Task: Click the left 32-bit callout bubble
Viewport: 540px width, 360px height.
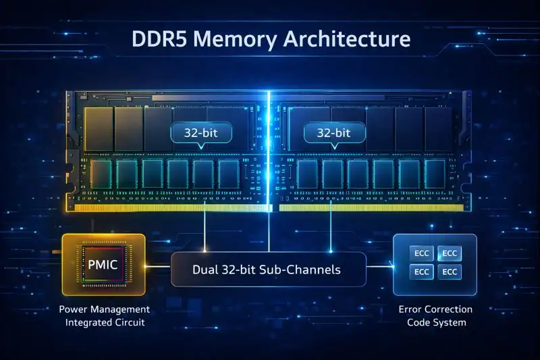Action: (x=202, y=133)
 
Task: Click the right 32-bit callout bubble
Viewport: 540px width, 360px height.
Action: (x=333, y=133)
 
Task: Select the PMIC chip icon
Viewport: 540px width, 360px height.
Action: (x=103, y=264)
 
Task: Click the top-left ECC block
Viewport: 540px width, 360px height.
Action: (x=422, y=254)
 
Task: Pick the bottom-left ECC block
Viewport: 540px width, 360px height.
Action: (x=422, y=272)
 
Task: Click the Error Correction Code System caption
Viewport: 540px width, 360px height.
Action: (x=436, y=315)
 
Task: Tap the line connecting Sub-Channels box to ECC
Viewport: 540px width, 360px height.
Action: (x=379, y=266)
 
